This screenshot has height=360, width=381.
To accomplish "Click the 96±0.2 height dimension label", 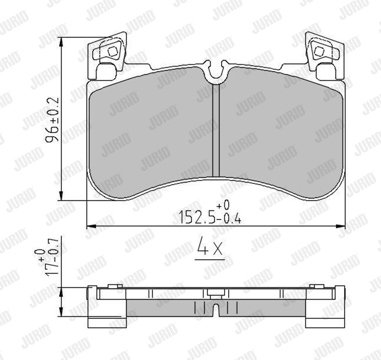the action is point(52,119).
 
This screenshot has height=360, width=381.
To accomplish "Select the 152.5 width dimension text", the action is point(197,217).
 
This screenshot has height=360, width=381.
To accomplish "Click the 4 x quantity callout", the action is point(210,246).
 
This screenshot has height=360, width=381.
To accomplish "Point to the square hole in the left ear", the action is point(113,51).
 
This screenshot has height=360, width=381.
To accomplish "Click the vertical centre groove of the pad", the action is point(216,130).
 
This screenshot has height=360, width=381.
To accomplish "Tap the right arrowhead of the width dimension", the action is point(341,226).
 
